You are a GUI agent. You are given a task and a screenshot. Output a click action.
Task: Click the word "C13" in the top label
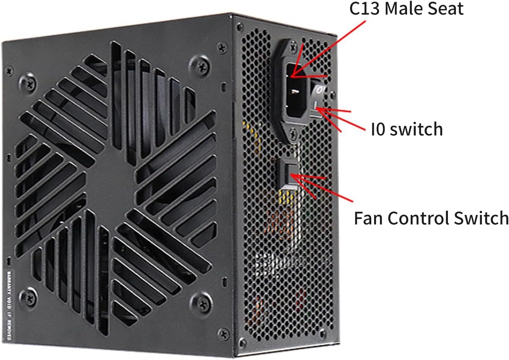tap(365, 9)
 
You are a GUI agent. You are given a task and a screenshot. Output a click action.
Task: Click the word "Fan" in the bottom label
tap(368, 218)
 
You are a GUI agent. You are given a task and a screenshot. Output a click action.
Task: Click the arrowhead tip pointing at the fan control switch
tap(291, 175)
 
